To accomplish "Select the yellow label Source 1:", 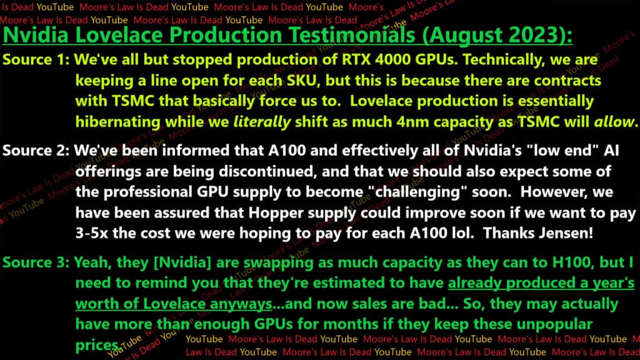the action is (36, 59).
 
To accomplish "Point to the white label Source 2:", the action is (36, 151).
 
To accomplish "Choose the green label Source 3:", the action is (36, 262).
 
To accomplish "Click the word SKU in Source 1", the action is (302, 81).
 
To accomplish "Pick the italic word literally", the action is (262, 122).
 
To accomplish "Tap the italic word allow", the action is (614, 122).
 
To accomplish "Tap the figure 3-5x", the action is (92, 234).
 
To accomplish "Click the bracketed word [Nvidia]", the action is (182, 262).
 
